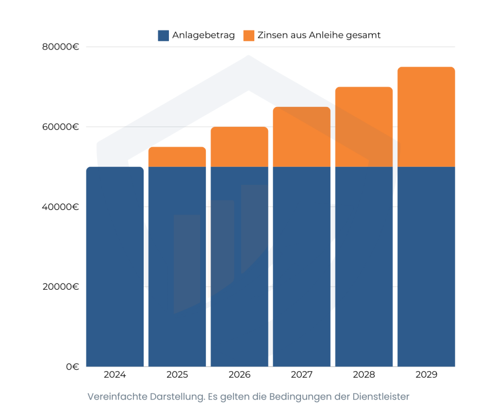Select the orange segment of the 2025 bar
click(177, 157)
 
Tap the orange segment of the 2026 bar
click(239, 147)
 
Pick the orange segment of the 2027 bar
click(301, 137)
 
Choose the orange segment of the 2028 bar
click(364, 127)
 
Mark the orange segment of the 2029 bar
click(426, 117)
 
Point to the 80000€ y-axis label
click(61, 47)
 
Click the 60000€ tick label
click(61, 127)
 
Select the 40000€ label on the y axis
click(61, 207)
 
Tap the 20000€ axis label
click(61, 286)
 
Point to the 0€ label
click(72, 367)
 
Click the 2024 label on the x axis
click(115, 375)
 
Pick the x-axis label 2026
click(239, 375)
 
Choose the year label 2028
click(364, 375)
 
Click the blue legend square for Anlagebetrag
click(163, 35)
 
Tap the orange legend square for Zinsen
click(248, 35)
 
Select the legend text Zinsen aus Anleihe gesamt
click(319, 35)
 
